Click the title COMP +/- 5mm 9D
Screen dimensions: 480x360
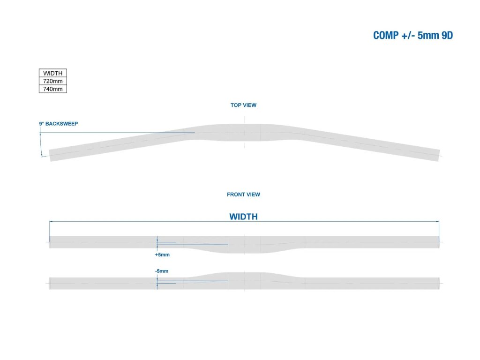coord(413,36)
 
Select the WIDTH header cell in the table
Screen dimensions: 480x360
coord(52,73)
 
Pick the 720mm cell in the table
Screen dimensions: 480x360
coord(52,81)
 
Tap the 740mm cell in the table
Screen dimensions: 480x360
coord(52,89)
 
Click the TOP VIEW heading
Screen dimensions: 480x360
coord(243,105)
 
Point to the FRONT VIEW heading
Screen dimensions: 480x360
coord(243,194)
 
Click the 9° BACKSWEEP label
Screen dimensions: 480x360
coord(58,124)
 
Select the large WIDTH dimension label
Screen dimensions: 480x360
coord(243,217)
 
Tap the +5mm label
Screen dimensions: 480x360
coord(162,255)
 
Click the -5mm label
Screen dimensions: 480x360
coord(161,271)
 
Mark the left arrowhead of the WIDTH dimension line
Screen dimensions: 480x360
coord(51,221)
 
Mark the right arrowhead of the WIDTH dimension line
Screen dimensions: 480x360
coord(438,221)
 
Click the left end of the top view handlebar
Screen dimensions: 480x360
coord(51,156)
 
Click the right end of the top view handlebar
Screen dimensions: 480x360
coord(438,156)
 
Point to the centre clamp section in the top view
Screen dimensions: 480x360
coord(244,132)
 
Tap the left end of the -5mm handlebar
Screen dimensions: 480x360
coord(51,283)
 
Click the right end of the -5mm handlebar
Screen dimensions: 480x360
coord(439,283)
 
